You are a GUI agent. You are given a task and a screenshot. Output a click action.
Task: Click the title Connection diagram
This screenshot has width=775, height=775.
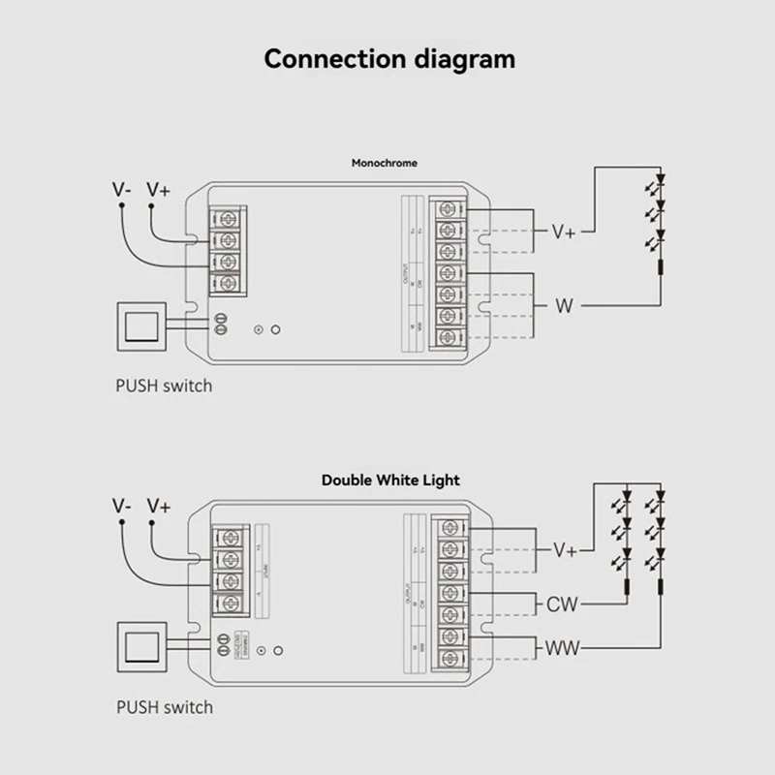(x=389, y=58)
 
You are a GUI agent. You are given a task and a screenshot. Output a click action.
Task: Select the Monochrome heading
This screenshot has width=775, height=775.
(x=385, y=163)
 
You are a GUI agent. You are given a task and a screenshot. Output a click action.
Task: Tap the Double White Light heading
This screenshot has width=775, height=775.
(x=390, y=480)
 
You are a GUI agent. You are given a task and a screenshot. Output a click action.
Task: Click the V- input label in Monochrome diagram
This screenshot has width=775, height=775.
(x=122, y=190)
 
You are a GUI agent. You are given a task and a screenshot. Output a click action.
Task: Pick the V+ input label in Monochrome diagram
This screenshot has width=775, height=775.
(x=158, y=190)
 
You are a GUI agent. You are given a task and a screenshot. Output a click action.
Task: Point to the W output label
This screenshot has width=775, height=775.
(x=564, y=306)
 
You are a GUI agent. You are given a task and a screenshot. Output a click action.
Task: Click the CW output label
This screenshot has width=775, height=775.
(x=563, y=604)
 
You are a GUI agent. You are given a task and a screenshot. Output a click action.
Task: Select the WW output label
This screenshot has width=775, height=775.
(x=563, y=647)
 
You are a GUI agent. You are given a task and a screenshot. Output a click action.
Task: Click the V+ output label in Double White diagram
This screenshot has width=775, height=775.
(x=565, y=549)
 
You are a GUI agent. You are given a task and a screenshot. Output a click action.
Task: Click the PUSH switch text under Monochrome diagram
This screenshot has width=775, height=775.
(x=164, y=386)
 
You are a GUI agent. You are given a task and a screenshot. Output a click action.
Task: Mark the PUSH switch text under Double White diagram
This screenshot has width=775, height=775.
(x=164, y=706)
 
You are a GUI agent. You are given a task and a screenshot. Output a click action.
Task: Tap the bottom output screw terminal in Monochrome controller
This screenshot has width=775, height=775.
(x=448, y=337)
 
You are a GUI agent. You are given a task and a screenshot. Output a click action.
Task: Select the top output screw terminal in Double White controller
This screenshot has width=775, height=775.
(x=448, y=528)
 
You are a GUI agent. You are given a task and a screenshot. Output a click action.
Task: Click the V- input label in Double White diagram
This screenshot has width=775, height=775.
(x=122, y=507)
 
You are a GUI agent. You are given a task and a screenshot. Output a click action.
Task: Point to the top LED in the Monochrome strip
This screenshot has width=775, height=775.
(x=661, y=180)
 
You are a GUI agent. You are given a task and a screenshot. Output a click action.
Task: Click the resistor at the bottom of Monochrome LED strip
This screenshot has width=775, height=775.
(x=661, y=269)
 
